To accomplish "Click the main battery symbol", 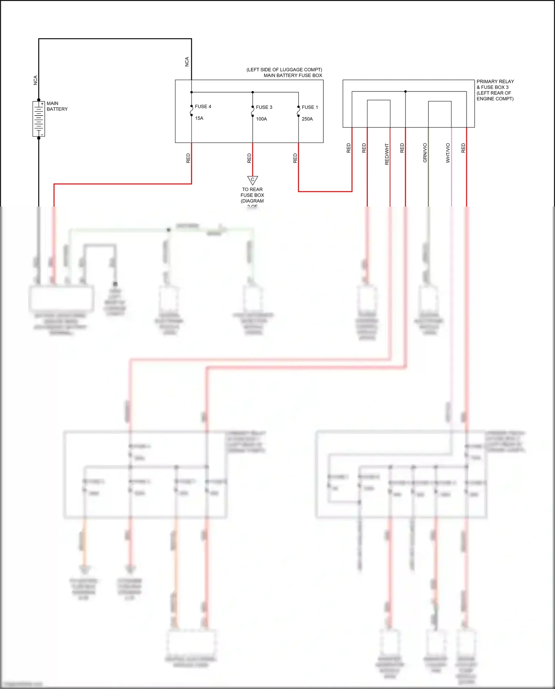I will click(x=38, y=119).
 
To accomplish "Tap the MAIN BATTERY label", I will click(x=57, y=106).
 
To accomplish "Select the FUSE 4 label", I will click(x=203, y=107).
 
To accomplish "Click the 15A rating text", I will click(x=199, y=118).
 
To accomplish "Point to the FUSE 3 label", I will click(x=264, y=107).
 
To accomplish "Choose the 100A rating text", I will click(x=261, y=119).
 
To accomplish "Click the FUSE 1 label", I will click(x=310, y=107).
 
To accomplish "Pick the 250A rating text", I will click(x=307, y=119).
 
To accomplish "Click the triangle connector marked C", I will click(x=253, y=180).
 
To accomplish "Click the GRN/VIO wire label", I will click(x=425, y=153).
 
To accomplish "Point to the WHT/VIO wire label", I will click(x=448, y=153).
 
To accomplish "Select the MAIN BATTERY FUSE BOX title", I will click(x=293, y=76).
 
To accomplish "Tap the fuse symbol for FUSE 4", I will click(x=191, y=111).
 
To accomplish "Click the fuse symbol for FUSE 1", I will click(x=299, y=111).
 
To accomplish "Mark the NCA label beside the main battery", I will click(x=36, y=80).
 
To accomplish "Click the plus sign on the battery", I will click(x=42, y=104).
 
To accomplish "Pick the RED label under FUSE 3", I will click(x=249, y=158).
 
